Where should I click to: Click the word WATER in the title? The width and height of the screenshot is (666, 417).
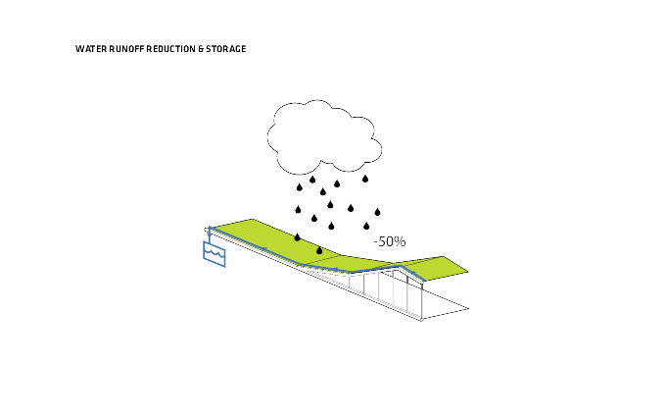(91, 49)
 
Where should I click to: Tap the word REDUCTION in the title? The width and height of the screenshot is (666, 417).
(170, 49)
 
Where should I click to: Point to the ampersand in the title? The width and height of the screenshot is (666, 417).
(201, 49)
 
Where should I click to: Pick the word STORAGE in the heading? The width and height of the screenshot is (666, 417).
(226, 49)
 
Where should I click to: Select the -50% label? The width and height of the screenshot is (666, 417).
(390, 241)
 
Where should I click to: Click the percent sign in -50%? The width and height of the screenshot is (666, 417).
(401, 241)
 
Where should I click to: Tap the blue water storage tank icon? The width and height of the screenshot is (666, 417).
(214, 254)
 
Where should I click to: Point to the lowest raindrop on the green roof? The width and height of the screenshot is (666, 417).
(319, 250)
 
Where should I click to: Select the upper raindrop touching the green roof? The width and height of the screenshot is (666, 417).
(298, 237)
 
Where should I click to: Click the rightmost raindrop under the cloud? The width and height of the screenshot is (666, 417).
(377, 212)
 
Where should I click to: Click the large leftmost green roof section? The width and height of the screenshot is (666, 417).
(272, 240)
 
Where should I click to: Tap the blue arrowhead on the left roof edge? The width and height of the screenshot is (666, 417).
(263, 249)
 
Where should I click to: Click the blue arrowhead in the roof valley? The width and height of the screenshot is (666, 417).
(336, 270)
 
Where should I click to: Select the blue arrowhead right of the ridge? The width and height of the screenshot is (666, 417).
(412, 272)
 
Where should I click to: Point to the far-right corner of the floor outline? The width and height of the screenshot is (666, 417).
(469, 308)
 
